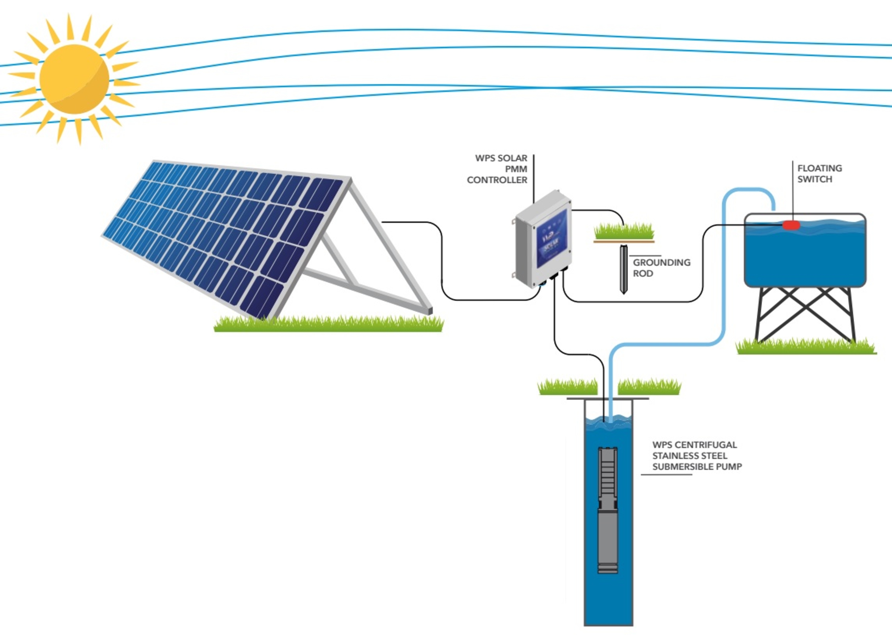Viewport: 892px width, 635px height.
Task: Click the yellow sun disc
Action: pyautogui.click(x=74, y=79)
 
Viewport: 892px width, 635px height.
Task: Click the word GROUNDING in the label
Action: pyautogui.click(x=662, y=262)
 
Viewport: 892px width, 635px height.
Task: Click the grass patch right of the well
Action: pyautogui.click(x=649, y=387)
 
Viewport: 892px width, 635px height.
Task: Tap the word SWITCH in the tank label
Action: pyautogui.click(x=814, y=179)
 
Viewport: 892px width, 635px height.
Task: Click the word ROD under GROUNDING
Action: pyautogui.click(x=643, y=273)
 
